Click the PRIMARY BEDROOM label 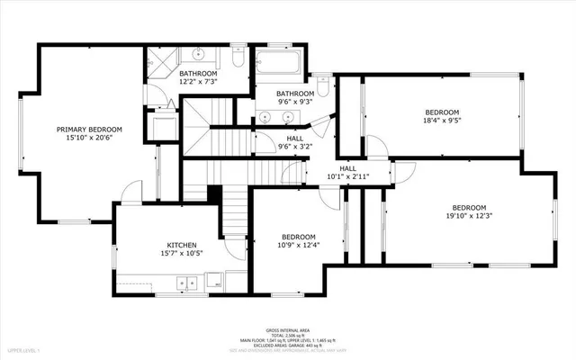coord(89,130)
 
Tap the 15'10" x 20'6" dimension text coord(89,139)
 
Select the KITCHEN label coord(181,245)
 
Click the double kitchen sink coord(187,283)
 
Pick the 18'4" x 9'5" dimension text coord(442,121)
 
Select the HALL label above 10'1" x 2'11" coord(347,168)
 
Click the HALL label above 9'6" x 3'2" coord(269,138)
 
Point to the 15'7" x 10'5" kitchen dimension coord(181,254)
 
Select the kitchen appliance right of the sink coord(215,282)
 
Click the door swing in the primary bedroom coord(132,191)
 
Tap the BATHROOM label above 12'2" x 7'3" coord(197,74)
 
